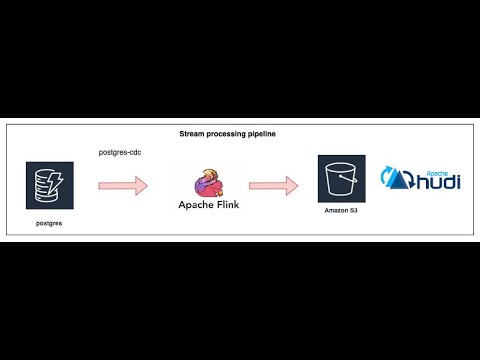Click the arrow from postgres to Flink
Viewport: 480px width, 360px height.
123,185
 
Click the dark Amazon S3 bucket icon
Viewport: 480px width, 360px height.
342,179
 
